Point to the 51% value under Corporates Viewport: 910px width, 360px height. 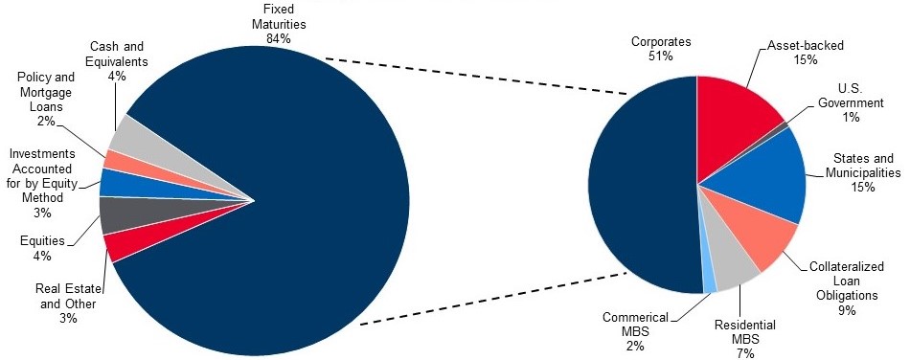coord(661,56)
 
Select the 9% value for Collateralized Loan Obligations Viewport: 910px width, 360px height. coord(847,310)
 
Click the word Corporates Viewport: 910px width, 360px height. coord(661,42)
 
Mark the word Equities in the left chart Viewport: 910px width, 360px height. coord(42,240)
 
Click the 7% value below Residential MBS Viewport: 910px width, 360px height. coord(745,353)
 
